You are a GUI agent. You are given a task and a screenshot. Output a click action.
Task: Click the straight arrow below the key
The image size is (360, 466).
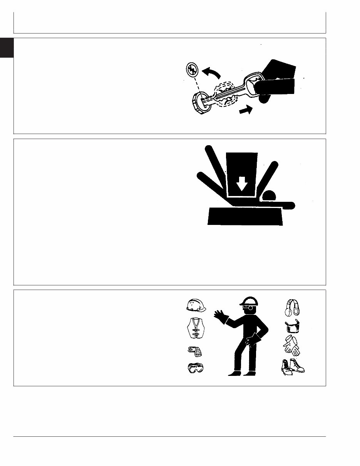tap(246, 111)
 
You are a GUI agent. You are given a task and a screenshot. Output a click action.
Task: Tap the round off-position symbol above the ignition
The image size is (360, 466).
tap(191, 70)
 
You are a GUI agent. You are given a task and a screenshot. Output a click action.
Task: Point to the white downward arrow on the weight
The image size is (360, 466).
tap(242, 184)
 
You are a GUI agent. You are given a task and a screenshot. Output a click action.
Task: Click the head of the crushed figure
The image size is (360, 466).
tap(269, 196)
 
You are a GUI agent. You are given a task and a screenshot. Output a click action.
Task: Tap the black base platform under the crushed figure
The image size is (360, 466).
tap(245, 216)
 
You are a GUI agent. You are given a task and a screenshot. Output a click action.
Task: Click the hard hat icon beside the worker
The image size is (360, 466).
tap(195, 305)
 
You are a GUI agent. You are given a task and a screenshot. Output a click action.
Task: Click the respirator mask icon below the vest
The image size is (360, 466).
tap(194, 351)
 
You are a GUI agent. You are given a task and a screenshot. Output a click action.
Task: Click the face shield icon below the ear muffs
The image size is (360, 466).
tap(292, 326)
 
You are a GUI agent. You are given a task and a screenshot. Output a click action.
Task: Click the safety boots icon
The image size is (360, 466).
tap(292, 366)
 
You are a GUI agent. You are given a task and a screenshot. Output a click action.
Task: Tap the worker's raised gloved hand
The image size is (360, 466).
tap(221, 317)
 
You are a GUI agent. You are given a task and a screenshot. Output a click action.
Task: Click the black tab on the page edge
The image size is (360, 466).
tap(7, 47)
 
